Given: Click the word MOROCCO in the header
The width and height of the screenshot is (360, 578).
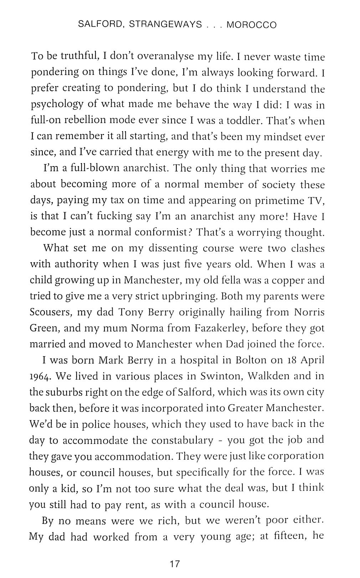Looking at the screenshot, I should (252, 25).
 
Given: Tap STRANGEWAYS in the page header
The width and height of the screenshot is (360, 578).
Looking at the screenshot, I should (165, 25).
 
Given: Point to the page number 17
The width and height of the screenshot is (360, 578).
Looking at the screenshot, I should (175, 564).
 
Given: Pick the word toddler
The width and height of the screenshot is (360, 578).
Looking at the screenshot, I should (243, 121).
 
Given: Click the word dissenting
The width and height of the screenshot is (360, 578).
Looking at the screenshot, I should (173, 248).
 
